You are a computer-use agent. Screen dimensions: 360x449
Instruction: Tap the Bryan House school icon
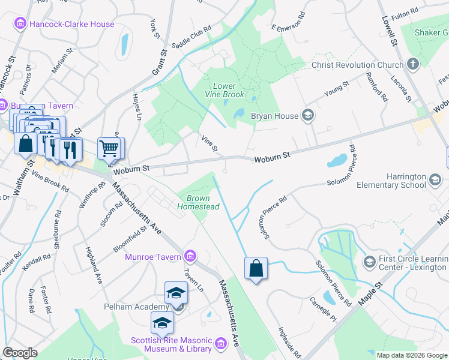308,115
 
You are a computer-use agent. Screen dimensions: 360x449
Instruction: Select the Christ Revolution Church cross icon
412,64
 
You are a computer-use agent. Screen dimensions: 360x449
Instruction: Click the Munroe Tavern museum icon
190,257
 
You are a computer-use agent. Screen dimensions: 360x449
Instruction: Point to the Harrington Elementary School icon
435,178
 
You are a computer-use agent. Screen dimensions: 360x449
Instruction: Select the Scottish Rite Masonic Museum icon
220,344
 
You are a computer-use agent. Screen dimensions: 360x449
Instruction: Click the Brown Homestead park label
198,202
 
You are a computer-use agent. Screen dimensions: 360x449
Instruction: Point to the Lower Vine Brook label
225,91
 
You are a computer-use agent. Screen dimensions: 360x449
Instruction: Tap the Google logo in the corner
20,352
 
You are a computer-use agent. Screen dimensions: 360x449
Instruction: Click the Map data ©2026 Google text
411,355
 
